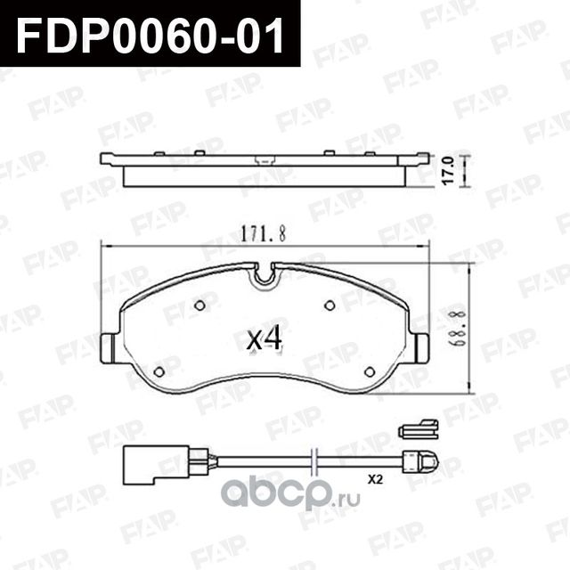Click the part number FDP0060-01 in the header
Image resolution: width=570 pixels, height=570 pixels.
click(149, 36)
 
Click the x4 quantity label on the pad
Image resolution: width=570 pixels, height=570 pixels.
click(264, 338)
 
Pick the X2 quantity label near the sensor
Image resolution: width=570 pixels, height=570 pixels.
click(375, 478)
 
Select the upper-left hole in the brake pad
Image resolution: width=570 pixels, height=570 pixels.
click(199, 305)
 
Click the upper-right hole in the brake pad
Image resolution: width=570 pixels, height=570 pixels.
click(329, 305)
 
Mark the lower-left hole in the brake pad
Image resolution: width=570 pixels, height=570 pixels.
click(159, 371)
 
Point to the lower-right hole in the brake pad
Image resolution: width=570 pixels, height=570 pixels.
click(369, 371)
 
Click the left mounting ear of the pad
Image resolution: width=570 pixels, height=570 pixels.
click(110, 347)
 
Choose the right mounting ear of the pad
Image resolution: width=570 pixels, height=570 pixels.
click(419, 347)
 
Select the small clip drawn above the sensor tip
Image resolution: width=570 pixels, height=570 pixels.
click(417, 430)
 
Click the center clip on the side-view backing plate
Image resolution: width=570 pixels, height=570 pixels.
click(264, 161)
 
